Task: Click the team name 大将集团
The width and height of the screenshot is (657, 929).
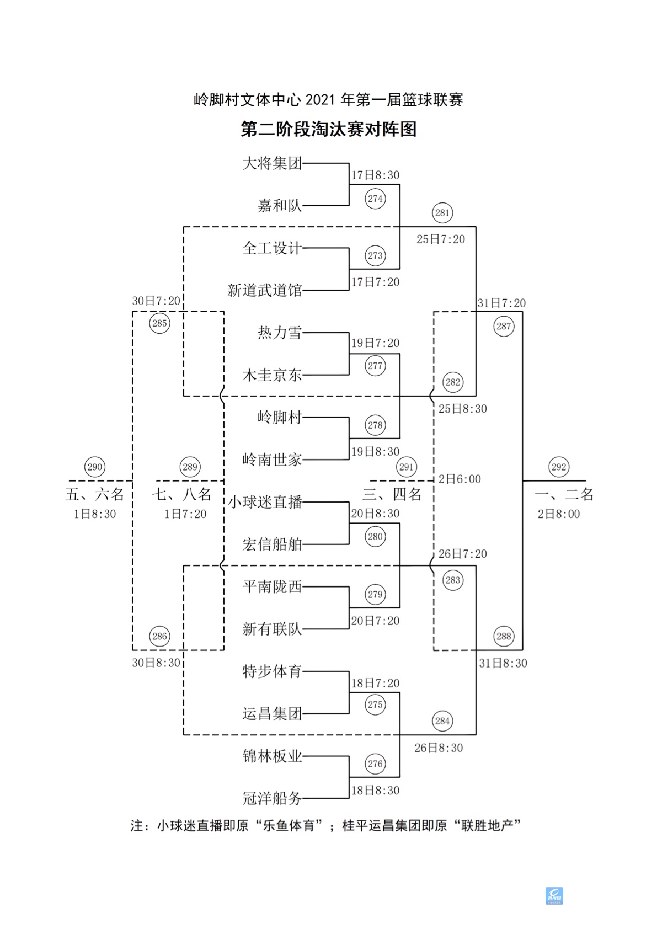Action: (x=272, y=163)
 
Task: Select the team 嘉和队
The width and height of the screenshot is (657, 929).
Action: (x=280, y=206)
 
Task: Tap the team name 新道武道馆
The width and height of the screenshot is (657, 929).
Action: (x=264, y=290)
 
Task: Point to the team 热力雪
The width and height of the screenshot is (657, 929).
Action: (x=280, y=333)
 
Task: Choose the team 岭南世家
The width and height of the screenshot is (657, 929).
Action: (x=272, y=460)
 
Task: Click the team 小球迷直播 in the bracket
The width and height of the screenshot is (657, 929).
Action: (x=265, y=502)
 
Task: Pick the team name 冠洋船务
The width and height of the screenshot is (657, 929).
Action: (x=272, y=798)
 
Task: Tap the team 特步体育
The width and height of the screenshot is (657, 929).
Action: (x=272, y=671)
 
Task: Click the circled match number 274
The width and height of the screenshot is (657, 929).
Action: (x=375, y=199)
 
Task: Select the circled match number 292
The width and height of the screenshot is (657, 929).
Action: (x=559, y=467)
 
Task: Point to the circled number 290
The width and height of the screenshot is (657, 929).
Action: (x=95, y=467)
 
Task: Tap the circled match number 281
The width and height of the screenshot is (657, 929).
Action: (x=442, y=212)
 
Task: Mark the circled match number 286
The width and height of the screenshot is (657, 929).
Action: (x=159, y=636)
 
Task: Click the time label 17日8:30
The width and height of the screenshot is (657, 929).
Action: (x=375, y=175)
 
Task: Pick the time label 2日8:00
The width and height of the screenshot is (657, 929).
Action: (x=559, y=514)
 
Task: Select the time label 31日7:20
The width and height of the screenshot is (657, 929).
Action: (x=501, y=303)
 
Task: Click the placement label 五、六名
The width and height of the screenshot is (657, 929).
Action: (x=95, y=494)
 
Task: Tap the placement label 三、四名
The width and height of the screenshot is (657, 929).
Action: (x=392, y=494)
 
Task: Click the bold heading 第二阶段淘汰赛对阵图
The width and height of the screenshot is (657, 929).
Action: (x=328, y=129)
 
